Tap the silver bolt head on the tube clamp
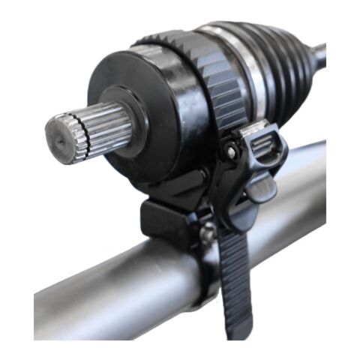[204, 235]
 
